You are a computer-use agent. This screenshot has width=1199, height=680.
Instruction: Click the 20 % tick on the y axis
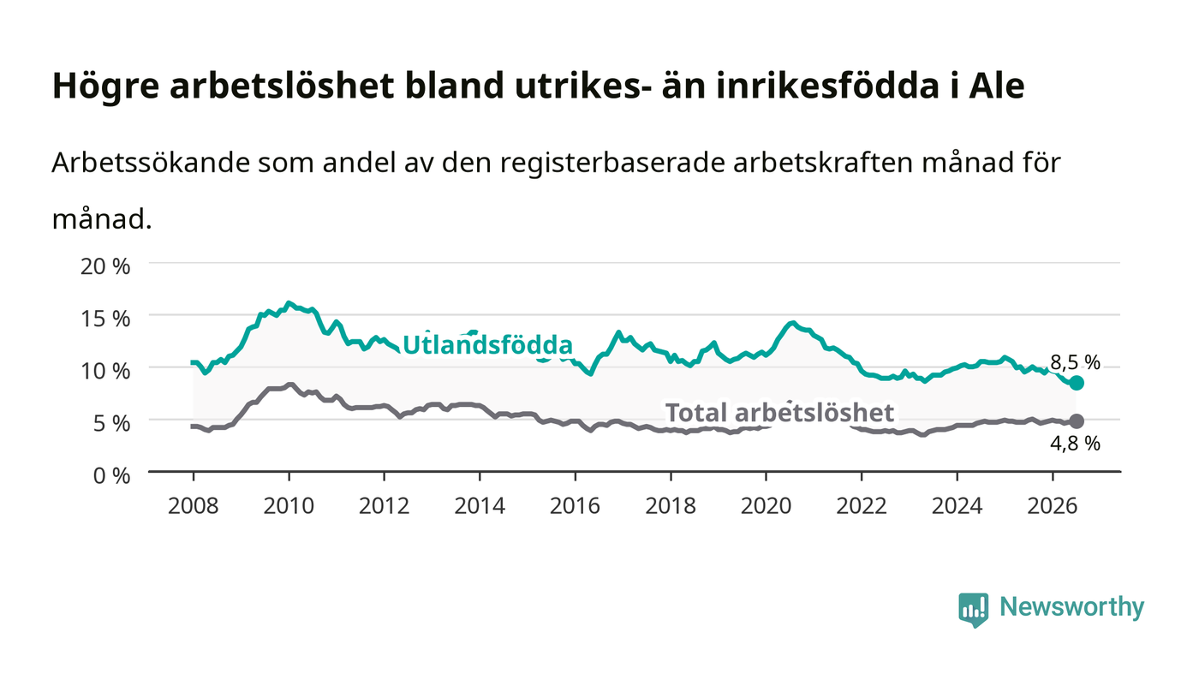pos(104,266)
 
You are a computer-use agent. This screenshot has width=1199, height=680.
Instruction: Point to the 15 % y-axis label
pos(104,319)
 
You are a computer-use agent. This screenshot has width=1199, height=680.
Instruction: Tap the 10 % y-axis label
pos(104,371)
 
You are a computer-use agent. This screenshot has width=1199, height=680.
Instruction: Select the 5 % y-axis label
pos(111,423)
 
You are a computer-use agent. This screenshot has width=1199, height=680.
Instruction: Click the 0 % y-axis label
pos(111,475)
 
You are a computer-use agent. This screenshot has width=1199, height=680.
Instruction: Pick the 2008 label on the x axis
pos(194,505)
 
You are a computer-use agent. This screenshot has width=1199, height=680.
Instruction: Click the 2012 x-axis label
pos(385,505)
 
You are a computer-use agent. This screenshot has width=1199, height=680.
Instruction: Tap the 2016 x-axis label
pos(575,505)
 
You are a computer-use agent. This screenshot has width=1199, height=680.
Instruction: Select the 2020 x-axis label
pos(766,505)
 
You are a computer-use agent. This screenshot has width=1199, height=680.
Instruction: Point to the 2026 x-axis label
pos(1053,505)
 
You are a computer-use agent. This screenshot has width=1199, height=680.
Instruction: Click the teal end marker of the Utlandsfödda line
pos(1077,383)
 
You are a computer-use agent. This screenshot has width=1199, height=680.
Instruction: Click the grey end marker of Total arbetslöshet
pos(1077,421)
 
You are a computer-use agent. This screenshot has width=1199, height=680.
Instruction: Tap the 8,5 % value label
pos(1075,362)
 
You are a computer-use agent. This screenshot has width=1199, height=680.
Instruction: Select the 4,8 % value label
pos(1075,444)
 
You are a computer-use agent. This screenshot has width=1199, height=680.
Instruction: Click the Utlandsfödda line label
pos(487,345)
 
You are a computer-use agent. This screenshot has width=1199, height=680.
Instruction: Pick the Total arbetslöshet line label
pos(779,413)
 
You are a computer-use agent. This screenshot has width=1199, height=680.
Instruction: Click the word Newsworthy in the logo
pos(1071,607)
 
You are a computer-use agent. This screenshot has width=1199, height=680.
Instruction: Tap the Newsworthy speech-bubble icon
pos(973,610)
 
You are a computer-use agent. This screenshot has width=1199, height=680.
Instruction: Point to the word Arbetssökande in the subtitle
pos(151,163)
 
